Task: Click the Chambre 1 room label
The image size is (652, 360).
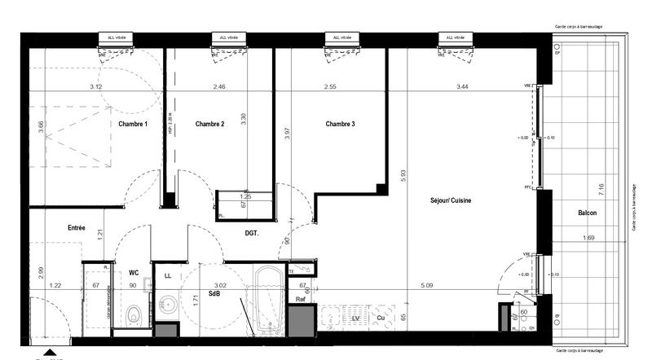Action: click(133, 124)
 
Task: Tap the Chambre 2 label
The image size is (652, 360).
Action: click(209, 124)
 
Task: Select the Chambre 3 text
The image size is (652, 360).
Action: click(339, 124)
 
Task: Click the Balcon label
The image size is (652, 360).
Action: click(587, 213)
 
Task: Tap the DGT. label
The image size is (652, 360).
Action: click(252, 234)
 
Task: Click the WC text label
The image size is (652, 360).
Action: click(134, 273)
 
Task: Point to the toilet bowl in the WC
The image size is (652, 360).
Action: click(134, 312)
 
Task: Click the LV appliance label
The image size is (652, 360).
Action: click(355, 318)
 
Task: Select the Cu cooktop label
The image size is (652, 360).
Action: click(380, 318)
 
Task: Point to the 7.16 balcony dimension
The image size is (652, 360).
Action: click(601, 190)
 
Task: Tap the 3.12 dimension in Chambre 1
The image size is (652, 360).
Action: click(95, 86)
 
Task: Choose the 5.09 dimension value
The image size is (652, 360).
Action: click(428, 285)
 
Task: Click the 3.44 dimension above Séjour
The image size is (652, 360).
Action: click(463, 86)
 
